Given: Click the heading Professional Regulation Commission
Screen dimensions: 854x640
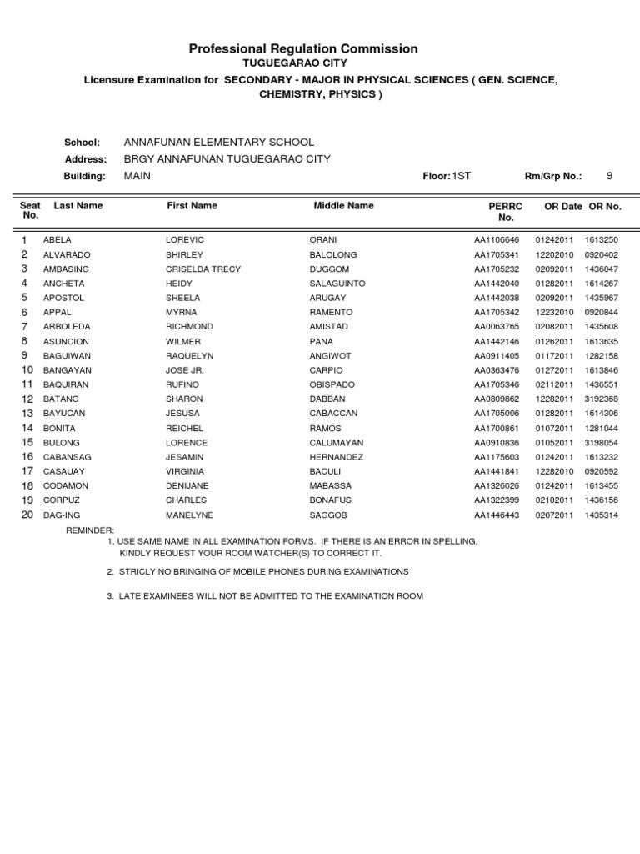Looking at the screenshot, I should pyautogui.click(x=303, y=49).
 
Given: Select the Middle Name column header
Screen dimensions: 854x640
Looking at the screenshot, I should pyautogui.click(x=343, y=205).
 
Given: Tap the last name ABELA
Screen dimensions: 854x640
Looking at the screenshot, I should pyautogui.click(x=57, y=240).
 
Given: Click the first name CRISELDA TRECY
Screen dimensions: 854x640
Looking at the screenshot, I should pyautogui.click(x=203, y=269).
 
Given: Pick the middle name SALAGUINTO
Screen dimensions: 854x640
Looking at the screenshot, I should pyautogui.click(x=337, y=284).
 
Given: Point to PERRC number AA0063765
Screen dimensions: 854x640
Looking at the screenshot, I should pyautogui.click(x=497, y=327).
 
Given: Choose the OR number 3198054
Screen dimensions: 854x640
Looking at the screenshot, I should pyautogui.click(x=601, y=443).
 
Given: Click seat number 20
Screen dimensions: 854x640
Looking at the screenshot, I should pyautogui.click(x=27, y=515).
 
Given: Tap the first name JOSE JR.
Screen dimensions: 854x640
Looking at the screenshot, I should pyautogui.click(x=185, y=370).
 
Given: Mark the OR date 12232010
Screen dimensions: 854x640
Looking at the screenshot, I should pyautogui.click(x=554, y=313).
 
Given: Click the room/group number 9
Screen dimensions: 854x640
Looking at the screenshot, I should pyautogui.click(x=609, y=176).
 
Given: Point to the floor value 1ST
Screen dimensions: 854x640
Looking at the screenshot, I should pyautogui.click(x=461, y=176).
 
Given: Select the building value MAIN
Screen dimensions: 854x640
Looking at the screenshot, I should pyautogui.click(x=137, y=176).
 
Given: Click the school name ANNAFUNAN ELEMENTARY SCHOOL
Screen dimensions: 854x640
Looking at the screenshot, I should pyautogui.click(x=218, y=143).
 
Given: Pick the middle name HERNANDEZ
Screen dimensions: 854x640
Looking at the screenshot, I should pyautogui.click(x=337, y=458).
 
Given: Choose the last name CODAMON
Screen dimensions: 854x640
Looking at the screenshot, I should pyautogui.click(x=67, y=486).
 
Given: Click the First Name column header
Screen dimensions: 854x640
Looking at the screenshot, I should pyautogui.click(x=192, y=205).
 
